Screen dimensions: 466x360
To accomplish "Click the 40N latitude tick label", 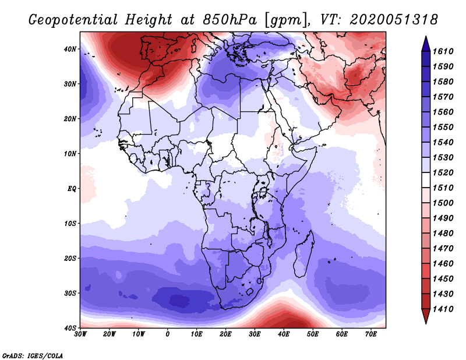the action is pyautogui.click(x=70, y=49).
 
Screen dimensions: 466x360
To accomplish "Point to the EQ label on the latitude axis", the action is pyautogui.click(x=72, y=189).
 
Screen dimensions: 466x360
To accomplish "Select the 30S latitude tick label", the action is pyautogui.click(x=70, y=293).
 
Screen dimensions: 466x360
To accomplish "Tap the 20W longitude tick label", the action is pyautogui.click(x=109, y=334).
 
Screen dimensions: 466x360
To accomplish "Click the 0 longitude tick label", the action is pyautogui.click(x=168, y=334).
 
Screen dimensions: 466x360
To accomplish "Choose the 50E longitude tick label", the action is pyautogui.click(x=313, y=334).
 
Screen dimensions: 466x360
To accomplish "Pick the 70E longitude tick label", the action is pyautogui.click(x=370, y=334).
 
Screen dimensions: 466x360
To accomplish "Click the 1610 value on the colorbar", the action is pyautogui.click(x=443, y=51).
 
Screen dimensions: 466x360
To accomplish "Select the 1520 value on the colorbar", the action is pyautogui.click(x=443, y=172).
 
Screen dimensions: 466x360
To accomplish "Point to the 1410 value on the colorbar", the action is pyautogui.click(x=443, y=309).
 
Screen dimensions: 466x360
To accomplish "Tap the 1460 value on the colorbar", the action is pyautogui.click(x=443, y=264).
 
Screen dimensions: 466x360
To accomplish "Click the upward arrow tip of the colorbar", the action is pyautogui.click(x=426, y=37).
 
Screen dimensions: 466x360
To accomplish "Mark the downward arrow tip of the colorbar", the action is pyautogui.click(x=426, y=323).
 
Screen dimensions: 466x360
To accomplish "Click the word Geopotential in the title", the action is pyautogui.click(x=73, y=20).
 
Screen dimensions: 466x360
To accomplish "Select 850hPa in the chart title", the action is pyautogui.click(x=230, y=20).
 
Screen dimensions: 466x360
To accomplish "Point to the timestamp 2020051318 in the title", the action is pyautogui.click(x=393, y=20).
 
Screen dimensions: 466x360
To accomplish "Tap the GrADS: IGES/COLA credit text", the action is pyautogui.click(x=33, y=355).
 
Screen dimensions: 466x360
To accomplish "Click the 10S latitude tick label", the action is pyautogui.click(x=70, y=223).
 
